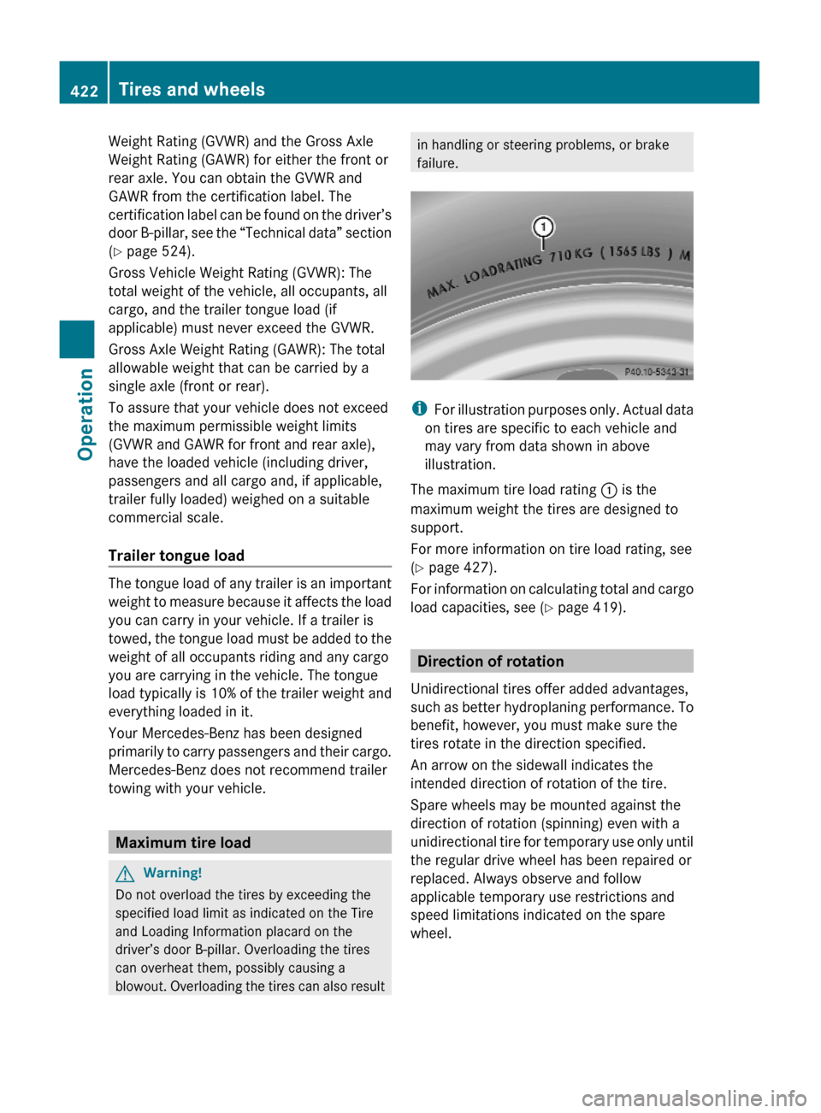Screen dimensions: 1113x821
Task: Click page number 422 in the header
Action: [84, 91]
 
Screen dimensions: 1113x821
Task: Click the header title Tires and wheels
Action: [192, 89]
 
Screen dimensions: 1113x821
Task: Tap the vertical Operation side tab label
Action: [86, 414]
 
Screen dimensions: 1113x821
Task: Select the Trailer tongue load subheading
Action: [176, 556]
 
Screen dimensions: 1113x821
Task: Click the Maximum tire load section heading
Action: [183, 843]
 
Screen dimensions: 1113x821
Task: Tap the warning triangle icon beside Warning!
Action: [126, 874]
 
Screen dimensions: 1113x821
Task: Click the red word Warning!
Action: [173, 873]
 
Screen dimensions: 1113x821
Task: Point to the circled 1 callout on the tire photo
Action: [543, 227]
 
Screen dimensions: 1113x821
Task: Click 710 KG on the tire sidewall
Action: [570, 255]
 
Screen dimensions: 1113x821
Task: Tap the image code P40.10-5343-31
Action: [656, 372]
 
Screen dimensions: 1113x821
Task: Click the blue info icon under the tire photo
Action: [419, 409]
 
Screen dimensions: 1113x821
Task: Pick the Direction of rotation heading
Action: [490, 662]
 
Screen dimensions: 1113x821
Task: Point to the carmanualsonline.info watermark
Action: [694, 1098]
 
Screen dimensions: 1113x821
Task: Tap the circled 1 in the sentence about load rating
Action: [609, 491]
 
